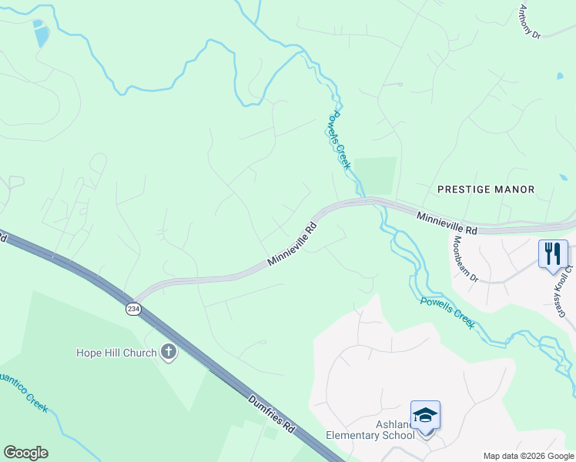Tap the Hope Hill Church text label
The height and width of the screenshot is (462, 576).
tap(116, 353)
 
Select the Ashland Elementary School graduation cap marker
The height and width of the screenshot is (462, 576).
tap(425, 415)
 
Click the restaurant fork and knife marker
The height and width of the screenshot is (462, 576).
tap(553, 253)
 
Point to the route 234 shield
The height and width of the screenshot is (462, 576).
tap(133, 307)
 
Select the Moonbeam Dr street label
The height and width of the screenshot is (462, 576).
tap(467, 259)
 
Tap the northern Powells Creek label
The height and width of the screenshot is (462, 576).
tap(338, 139)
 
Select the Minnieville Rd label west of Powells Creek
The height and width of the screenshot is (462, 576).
tap(293, 245)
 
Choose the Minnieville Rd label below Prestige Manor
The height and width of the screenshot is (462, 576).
tap(447, 224)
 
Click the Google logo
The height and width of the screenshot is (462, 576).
tap(25, 453)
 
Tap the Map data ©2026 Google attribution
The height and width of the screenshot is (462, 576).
tap(527, 455)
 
